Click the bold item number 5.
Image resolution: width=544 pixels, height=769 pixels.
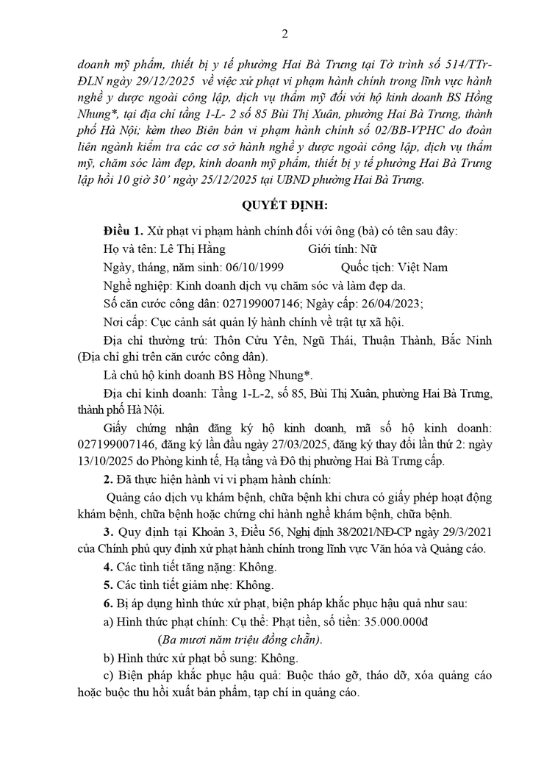point(107,585)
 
